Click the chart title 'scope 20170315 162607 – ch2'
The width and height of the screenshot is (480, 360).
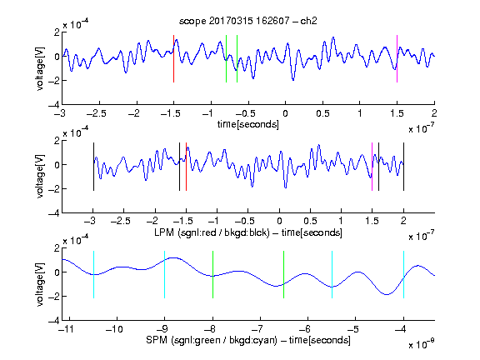pyautogui.click(x=248, y=21)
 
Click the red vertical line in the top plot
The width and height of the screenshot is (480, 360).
pyautogui.click(x=173, y=59)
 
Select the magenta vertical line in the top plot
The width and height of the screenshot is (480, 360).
pyautogui.click(x=397, y=59)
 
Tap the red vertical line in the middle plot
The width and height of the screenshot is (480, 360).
pyautogui.click(x=186, y=167)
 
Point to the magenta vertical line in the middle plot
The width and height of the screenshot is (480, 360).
pyautogui.click(x=372, y=167)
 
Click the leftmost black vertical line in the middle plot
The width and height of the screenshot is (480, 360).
pyautogui.click(x=93, y=167)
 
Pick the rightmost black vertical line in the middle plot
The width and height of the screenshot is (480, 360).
pyautogui.click(x=403, y=167)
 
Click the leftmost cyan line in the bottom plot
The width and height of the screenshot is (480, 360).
pyautogui.click(x=93, y=275)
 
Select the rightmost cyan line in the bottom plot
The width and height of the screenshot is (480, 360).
pyautogui.click(x=403, y=275)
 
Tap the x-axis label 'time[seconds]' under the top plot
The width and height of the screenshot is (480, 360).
pyautogui.click(x=248, y=124)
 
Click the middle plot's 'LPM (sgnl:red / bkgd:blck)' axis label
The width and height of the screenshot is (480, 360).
pyautogui.click(x=212, y=232)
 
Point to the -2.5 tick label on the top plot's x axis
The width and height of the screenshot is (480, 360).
pyautogui.click(x=96, y=114)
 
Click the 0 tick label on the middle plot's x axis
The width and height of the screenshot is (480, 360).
pyautogui.click(x=279, y=221)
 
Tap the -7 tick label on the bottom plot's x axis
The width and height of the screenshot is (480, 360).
pyautogui.click(x=259, y=329)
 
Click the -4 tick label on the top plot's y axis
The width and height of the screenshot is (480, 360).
pyautogui.click(x=54, y=105)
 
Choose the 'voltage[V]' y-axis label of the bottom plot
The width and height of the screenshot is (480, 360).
pyautogui.click(x=40, y=284)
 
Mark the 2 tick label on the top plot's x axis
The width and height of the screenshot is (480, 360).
pyautogui.click(x=434, y=113)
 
